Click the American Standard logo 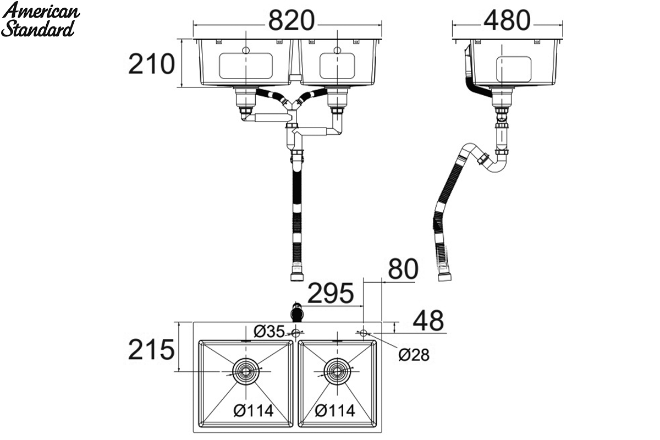pyautogui.click(x=40, y=20)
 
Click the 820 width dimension pyautogui.click(x=291, y=21)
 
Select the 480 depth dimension pyautogui.click(x=507, y=21)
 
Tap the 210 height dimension pyautogui.click(x=151, y=64)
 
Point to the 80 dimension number pyautogui.click(x=403, y=269)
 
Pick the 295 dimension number pyautogui.click(x=331, y=293)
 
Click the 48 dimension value pyautogui.click(x=428, y=321)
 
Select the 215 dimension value pyautogui.click(x=151, y=349)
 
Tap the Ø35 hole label pyautogui.click(x=269, y=331)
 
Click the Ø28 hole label pyautogui.click(x=414, y=355)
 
